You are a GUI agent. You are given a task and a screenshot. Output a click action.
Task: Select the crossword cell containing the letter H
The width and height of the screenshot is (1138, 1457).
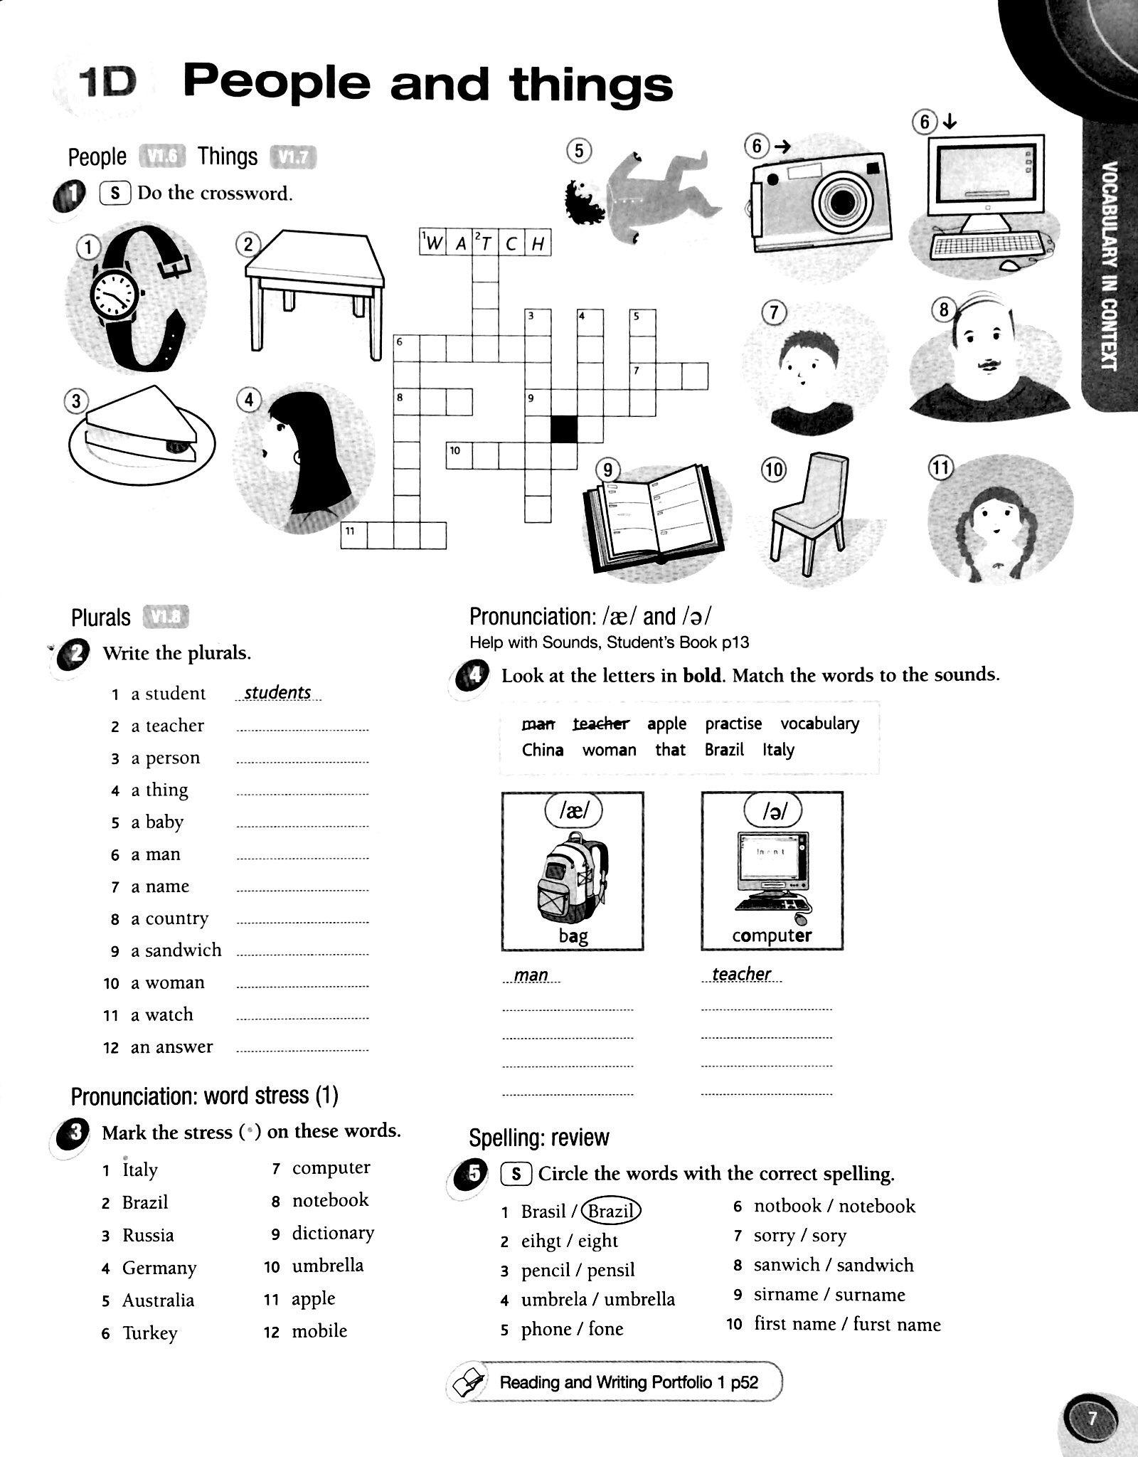[538, 244]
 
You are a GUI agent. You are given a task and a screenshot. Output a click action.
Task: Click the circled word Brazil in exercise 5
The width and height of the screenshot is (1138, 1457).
[611, 1211]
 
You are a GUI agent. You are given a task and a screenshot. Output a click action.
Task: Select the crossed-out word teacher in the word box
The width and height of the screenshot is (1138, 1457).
[601, 724]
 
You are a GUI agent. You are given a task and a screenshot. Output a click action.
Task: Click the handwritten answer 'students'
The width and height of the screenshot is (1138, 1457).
[277, 692]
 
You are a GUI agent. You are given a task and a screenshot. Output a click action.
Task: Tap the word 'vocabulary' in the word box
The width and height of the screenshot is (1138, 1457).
[819, 724]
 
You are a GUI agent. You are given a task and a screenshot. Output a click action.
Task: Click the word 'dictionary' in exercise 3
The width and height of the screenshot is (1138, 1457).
[333, 1233]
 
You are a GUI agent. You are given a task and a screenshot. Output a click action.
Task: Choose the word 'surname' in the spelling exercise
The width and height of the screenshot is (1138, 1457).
[870, 1294]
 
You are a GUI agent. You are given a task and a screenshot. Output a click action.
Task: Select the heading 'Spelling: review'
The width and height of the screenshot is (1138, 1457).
[538, 1138]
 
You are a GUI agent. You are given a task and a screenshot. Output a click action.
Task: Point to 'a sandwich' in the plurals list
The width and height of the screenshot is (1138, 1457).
[176, 950]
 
